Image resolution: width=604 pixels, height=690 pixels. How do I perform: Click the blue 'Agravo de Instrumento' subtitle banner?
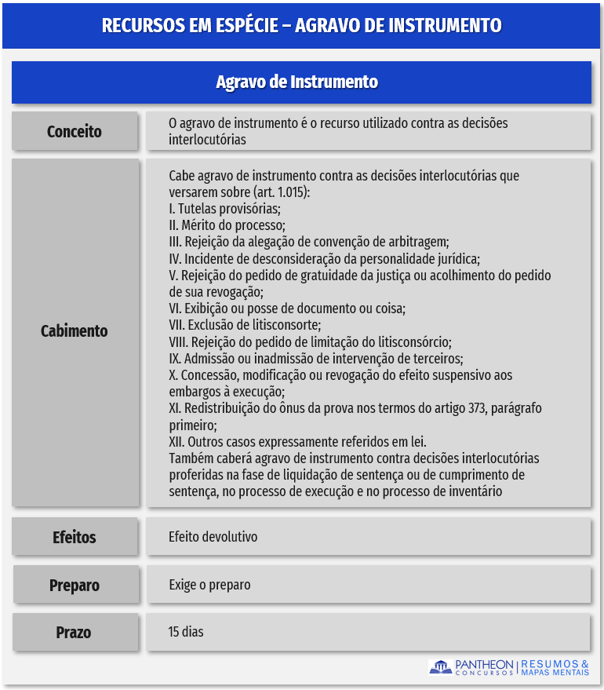[301, 82]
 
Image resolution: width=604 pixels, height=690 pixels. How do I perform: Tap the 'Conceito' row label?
[75, 131]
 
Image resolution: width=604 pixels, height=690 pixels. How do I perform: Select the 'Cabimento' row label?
[75, 330]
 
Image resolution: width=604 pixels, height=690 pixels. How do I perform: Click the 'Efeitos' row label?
[75, 537]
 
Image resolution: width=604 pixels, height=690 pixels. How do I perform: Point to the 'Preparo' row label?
[75, 585]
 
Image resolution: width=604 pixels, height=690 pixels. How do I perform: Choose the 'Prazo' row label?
[75, 632]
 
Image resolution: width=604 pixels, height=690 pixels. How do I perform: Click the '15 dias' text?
[186, 631]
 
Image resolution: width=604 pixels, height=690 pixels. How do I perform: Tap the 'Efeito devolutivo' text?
[213, 537]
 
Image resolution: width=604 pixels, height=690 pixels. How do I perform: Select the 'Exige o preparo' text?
[209, 585]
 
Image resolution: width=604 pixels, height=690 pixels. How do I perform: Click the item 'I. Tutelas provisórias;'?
[224, 209]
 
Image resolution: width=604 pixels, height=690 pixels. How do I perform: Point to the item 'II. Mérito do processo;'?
[227, 225]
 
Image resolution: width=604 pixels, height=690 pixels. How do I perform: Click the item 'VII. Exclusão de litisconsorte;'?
[245, 325]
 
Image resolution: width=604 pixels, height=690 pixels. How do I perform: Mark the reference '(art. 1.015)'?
[282, 192]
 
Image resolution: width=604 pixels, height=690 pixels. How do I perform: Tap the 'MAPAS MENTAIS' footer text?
[555, 672]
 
